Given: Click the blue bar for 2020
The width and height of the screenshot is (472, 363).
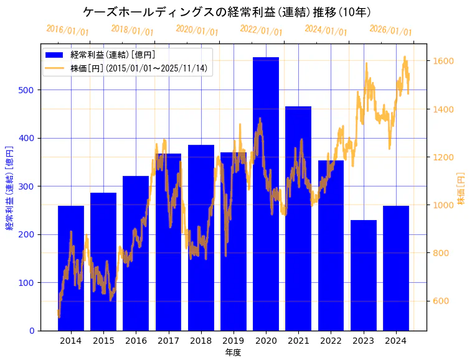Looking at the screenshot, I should (266, 194).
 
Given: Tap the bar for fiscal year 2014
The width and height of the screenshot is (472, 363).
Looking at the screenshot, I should (71, 268).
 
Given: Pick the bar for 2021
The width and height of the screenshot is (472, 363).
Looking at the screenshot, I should (298, 218).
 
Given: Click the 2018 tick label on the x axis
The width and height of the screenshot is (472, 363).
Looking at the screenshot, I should (201, 341).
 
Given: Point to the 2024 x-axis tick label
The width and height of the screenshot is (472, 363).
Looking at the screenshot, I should (396, 341).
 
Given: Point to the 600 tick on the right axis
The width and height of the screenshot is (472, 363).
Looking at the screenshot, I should (442, 301).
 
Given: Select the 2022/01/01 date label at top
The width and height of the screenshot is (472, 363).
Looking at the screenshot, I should (261, 30).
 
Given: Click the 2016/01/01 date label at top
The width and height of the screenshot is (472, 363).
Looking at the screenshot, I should (67, 30).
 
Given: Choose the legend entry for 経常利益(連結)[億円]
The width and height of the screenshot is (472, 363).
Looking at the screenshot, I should (112, 55).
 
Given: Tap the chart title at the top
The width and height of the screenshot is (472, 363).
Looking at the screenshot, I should (227, 12).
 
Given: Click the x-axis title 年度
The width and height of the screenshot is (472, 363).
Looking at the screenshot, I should (233, 352).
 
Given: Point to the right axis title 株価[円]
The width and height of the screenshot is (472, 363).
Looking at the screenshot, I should (461, 189).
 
